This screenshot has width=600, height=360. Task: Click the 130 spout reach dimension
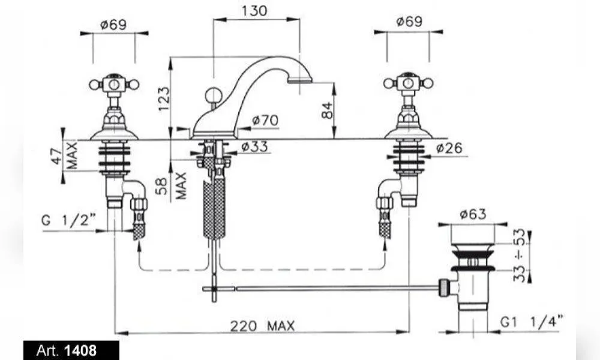coord(254,11)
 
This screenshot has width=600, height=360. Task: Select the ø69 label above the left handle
coord(113,25)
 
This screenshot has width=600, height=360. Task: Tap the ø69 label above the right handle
coord(409,22)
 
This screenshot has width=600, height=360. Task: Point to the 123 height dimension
coord(163,99)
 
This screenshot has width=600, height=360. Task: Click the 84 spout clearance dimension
coord(327,110)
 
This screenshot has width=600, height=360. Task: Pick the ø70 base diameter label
coord(266,121)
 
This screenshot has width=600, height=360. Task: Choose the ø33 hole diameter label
coord(255,146)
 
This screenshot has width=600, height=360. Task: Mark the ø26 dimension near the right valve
coord(449,148)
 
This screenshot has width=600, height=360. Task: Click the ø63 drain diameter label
coord(473,214)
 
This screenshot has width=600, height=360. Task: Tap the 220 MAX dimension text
coord(263,326)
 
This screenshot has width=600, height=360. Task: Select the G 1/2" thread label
coord(68,220)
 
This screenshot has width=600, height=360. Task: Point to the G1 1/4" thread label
coord(532,322)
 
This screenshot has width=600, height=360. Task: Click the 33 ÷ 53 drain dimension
coord(519,255)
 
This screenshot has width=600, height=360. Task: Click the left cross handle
coord(114,84)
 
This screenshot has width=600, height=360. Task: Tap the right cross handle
coord(408,83)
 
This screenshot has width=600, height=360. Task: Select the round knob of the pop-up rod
coord(212,94)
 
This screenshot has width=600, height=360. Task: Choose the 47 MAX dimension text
coord(65,156)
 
